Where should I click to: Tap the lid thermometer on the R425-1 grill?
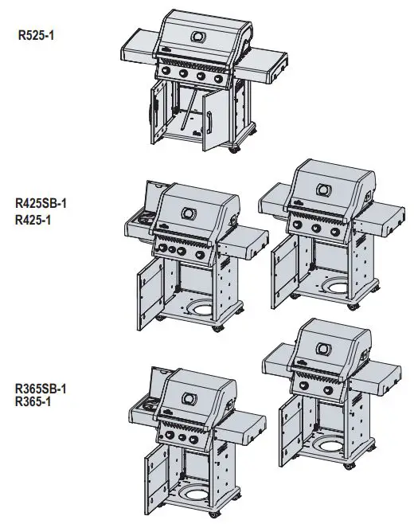tap(325, 190)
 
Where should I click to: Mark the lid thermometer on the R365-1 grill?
tap(323, 349)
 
